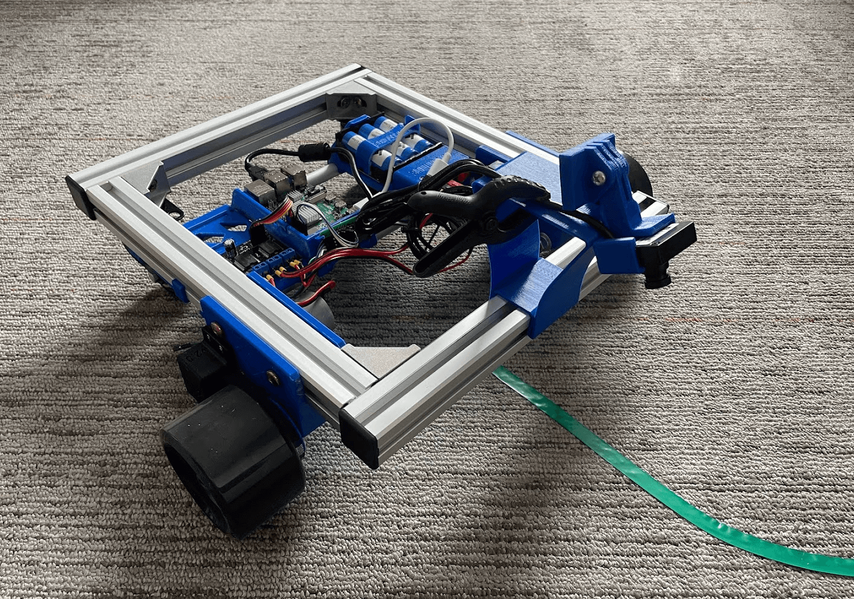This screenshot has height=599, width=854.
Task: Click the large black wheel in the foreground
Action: pos(232,458)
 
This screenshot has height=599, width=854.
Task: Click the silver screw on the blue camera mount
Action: pos(599,177)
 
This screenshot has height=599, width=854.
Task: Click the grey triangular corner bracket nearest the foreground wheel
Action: pos(379,359)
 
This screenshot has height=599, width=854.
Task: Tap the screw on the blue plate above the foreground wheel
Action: pos(272,378)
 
